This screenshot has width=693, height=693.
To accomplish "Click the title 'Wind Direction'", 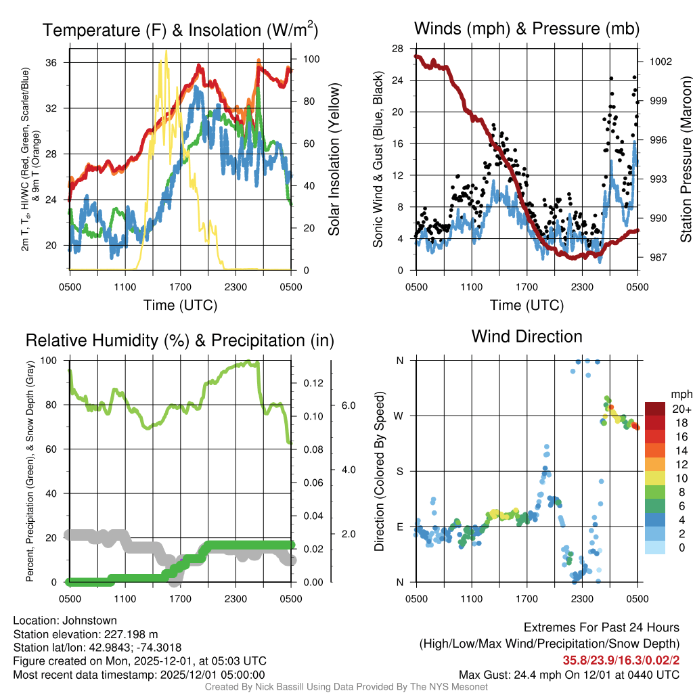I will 527,336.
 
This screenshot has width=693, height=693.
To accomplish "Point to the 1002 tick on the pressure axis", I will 661,61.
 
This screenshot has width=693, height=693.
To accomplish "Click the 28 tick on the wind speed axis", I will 397,48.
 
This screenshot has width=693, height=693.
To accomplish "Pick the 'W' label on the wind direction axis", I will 400,416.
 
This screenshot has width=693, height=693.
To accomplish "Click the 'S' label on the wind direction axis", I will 400,471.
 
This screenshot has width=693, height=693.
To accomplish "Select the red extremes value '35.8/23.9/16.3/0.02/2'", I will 621,660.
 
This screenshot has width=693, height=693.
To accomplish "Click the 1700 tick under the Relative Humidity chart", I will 180,598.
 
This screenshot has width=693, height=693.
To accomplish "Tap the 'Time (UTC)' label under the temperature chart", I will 180,305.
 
